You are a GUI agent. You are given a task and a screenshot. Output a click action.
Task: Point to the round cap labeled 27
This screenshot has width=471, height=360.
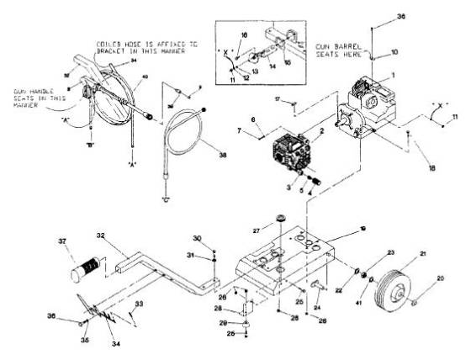276,222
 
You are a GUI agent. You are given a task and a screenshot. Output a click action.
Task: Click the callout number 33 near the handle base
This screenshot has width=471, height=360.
140,303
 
